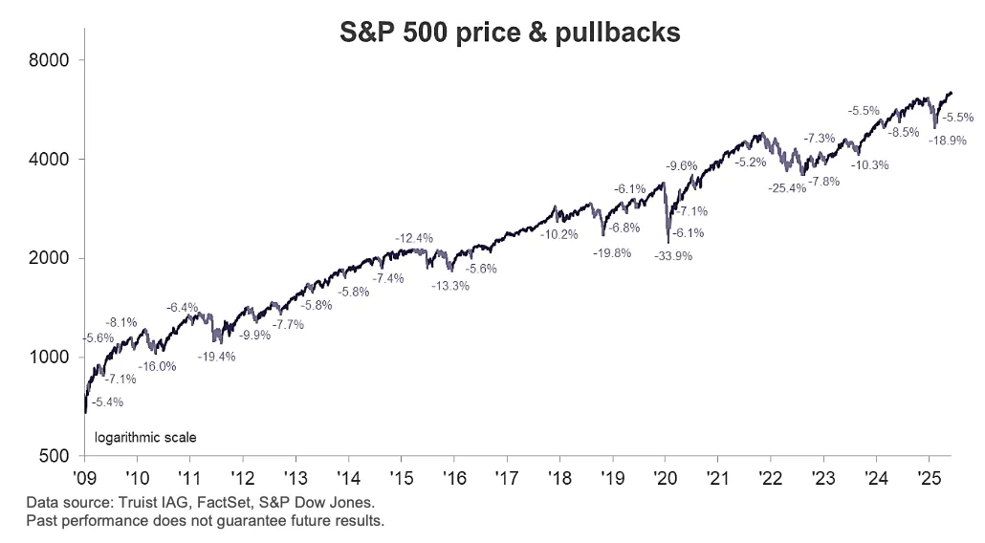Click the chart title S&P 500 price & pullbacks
pyautogui.click(x=511, y=32)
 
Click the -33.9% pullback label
pyautogui.click(x=673, y=256)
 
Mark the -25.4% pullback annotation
pyautogui.click(x=787, y=188)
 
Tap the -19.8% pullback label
pyautogui.click(x=612, y=253)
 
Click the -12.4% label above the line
pyautogui.click(x=414, y=237)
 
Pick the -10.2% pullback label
pyautogui.click(x=559, y=234)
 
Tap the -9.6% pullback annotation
pyautogui.click(x=681, y=165)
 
